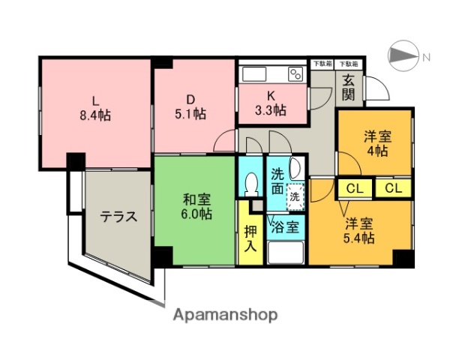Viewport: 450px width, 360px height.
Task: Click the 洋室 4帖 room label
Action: point(376,143)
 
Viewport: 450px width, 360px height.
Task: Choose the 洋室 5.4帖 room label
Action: point(358,230)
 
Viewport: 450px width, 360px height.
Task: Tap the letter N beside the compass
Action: point(425,58)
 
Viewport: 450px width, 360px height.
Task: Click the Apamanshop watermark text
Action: point(225,315)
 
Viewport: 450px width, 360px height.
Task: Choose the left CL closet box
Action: point(355,187)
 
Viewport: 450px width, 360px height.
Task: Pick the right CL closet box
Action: point(393,187)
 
